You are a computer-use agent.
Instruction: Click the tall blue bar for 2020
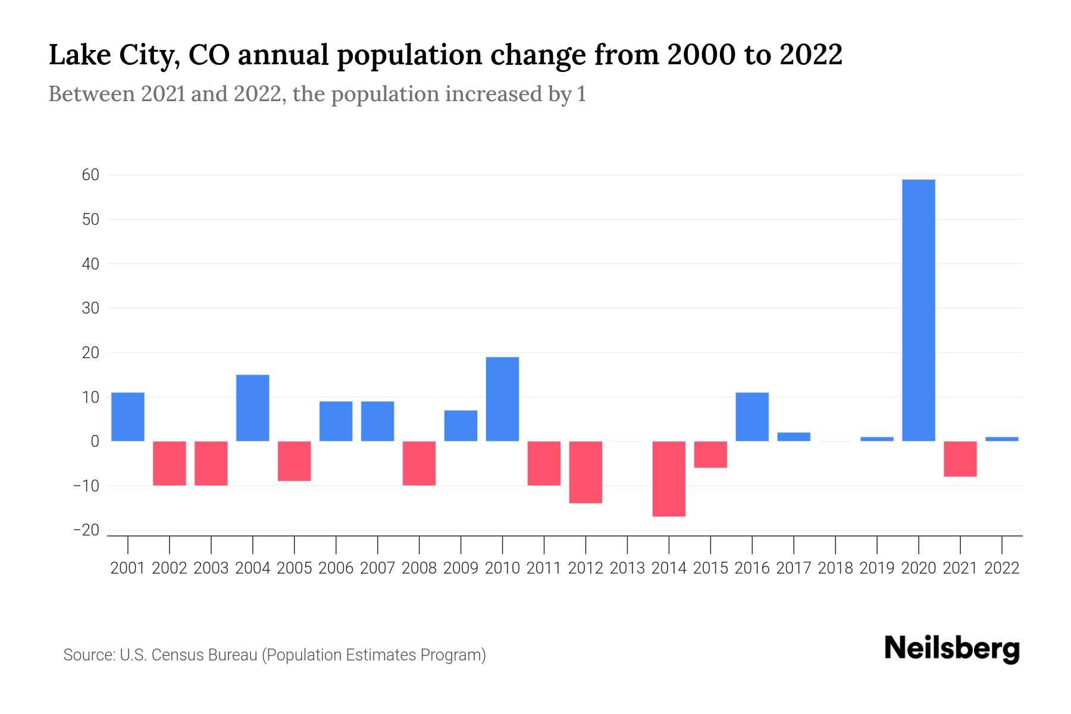pos(918,310)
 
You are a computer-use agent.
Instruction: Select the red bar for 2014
pos(669,478)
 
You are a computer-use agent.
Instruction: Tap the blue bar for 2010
pos(502,399)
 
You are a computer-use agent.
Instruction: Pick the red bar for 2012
pos(585,472)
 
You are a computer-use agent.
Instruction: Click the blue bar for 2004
pos(252,408)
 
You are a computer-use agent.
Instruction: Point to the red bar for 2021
pos(960,459)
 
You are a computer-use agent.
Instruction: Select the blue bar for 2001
pos(128,416)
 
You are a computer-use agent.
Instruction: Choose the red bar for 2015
pos(710,454)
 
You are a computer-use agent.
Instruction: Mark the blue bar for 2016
pos(752,416)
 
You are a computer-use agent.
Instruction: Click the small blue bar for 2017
pos(794,437)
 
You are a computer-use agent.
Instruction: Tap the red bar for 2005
pos(295,461)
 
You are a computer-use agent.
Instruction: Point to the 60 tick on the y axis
pos(91,175)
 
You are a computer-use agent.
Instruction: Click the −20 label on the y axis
pos(86,530)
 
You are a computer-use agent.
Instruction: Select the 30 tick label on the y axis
pos(91,308)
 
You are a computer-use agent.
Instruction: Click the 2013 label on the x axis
pos(627,568)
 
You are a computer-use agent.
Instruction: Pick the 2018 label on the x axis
pos(835,568)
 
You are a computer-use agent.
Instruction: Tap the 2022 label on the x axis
pos(1002,568)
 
